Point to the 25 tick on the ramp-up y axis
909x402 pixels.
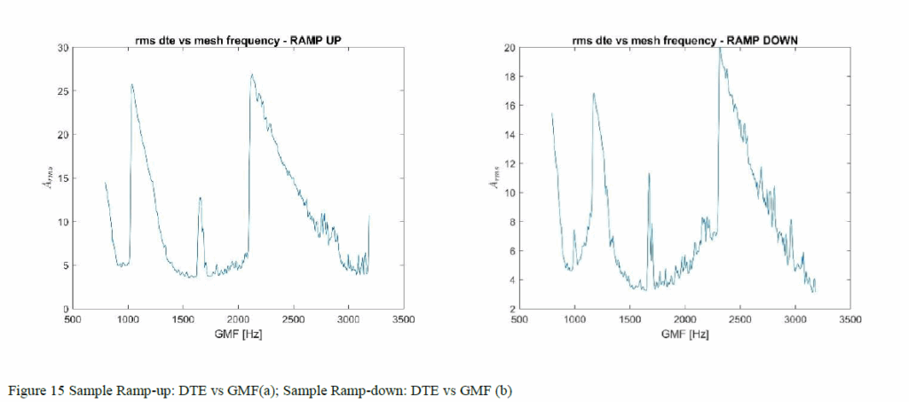tap(61, 91)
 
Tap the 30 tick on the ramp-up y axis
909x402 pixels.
tap(61, 47)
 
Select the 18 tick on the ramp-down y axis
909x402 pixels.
tap(509, 76)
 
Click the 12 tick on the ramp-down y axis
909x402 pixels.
tap(509, 163)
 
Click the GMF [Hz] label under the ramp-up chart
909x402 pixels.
tap(238, 335)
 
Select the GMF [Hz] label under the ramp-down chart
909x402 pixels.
tap(684, 335)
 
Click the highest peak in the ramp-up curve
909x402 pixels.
tap(252, 75)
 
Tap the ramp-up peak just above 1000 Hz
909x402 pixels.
tap(132, 85)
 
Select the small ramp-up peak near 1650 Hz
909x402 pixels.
tap(200, 198)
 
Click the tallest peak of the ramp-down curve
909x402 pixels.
tap(719, 49)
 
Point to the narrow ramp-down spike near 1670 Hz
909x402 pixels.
tap(649, 174)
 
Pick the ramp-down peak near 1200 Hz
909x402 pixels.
tap(593, 93)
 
